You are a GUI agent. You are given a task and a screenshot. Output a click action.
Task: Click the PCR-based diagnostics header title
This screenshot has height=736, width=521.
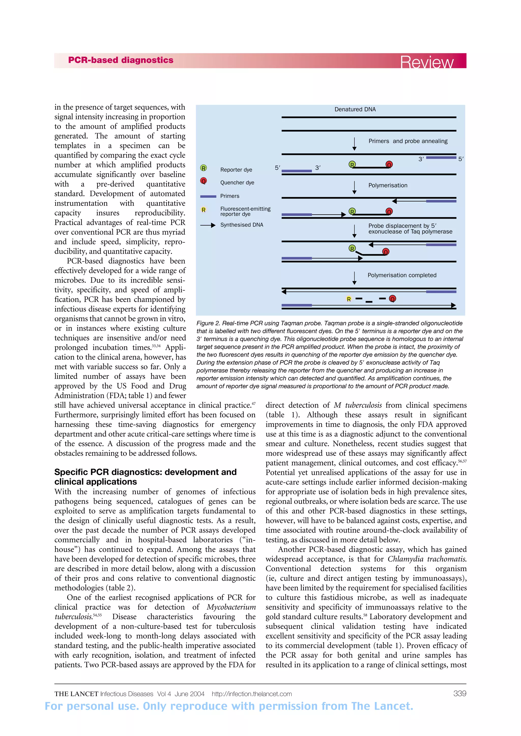(121, 60)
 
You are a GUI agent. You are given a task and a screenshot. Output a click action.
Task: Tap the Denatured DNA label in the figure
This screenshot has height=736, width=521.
(355, 109)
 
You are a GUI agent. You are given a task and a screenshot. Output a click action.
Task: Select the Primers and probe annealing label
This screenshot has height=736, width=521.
(408, 141)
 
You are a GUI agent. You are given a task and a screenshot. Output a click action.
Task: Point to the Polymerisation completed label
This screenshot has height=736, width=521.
(402, 275)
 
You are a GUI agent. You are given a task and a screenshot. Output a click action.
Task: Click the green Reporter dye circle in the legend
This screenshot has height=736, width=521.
(204, 168)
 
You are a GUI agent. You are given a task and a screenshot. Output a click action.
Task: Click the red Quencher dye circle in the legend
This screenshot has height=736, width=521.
(204, 181)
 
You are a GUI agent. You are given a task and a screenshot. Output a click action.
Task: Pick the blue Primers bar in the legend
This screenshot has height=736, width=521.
(208, 196)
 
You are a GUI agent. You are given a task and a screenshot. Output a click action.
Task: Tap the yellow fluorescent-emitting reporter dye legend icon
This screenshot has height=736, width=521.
(204, 210)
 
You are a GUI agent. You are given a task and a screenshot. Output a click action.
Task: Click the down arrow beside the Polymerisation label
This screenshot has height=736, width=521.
(354, 187)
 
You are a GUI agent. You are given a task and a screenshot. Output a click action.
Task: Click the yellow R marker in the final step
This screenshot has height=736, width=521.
(349, 299)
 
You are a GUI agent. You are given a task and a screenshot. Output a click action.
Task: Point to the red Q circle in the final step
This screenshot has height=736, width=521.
(392, 299)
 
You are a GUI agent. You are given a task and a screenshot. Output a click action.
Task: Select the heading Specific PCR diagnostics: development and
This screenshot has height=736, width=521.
(146, 472)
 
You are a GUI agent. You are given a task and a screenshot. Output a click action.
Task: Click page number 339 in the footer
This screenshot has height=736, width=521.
(459, 693)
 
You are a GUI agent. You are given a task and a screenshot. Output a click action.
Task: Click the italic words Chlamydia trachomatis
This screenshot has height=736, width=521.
(427, 559)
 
